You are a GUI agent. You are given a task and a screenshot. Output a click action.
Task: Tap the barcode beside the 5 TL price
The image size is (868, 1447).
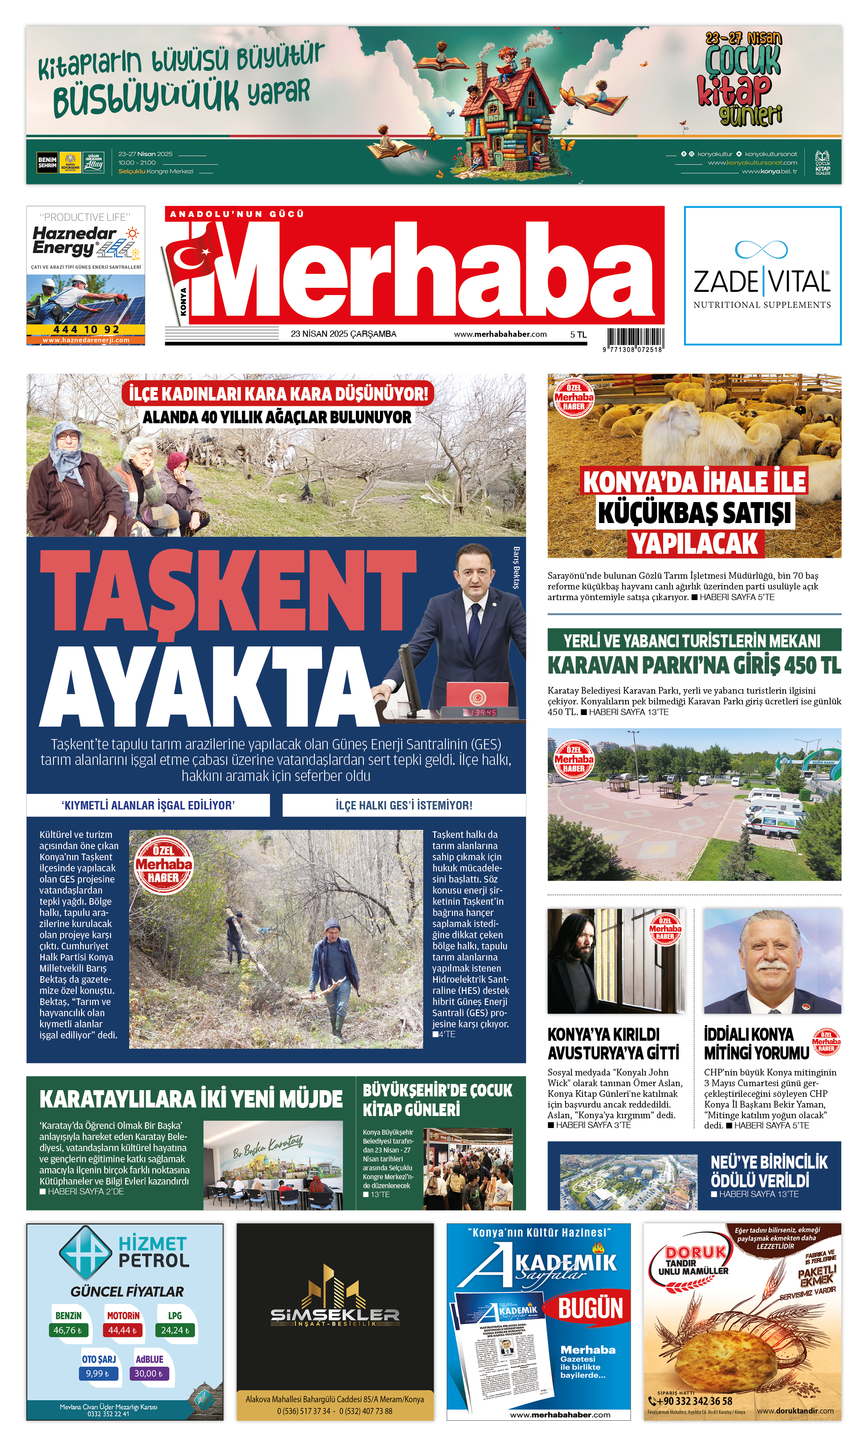(635, 338)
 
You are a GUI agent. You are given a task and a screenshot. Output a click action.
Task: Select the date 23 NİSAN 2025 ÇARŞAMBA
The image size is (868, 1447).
(343, 334)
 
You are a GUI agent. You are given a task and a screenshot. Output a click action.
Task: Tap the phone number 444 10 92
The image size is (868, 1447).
(86, 329)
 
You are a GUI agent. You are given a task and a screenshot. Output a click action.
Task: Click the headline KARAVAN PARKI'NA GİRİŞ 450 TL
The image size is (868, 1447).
(694, 665)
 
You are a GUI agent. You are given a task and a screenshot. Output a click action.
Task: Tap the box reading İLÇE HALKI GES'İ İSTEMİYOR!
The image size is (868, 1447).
(403, 805)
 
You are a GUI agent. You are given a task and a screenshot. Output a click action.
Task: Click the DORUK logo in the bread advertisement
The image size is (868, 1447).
(696, 1252)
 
